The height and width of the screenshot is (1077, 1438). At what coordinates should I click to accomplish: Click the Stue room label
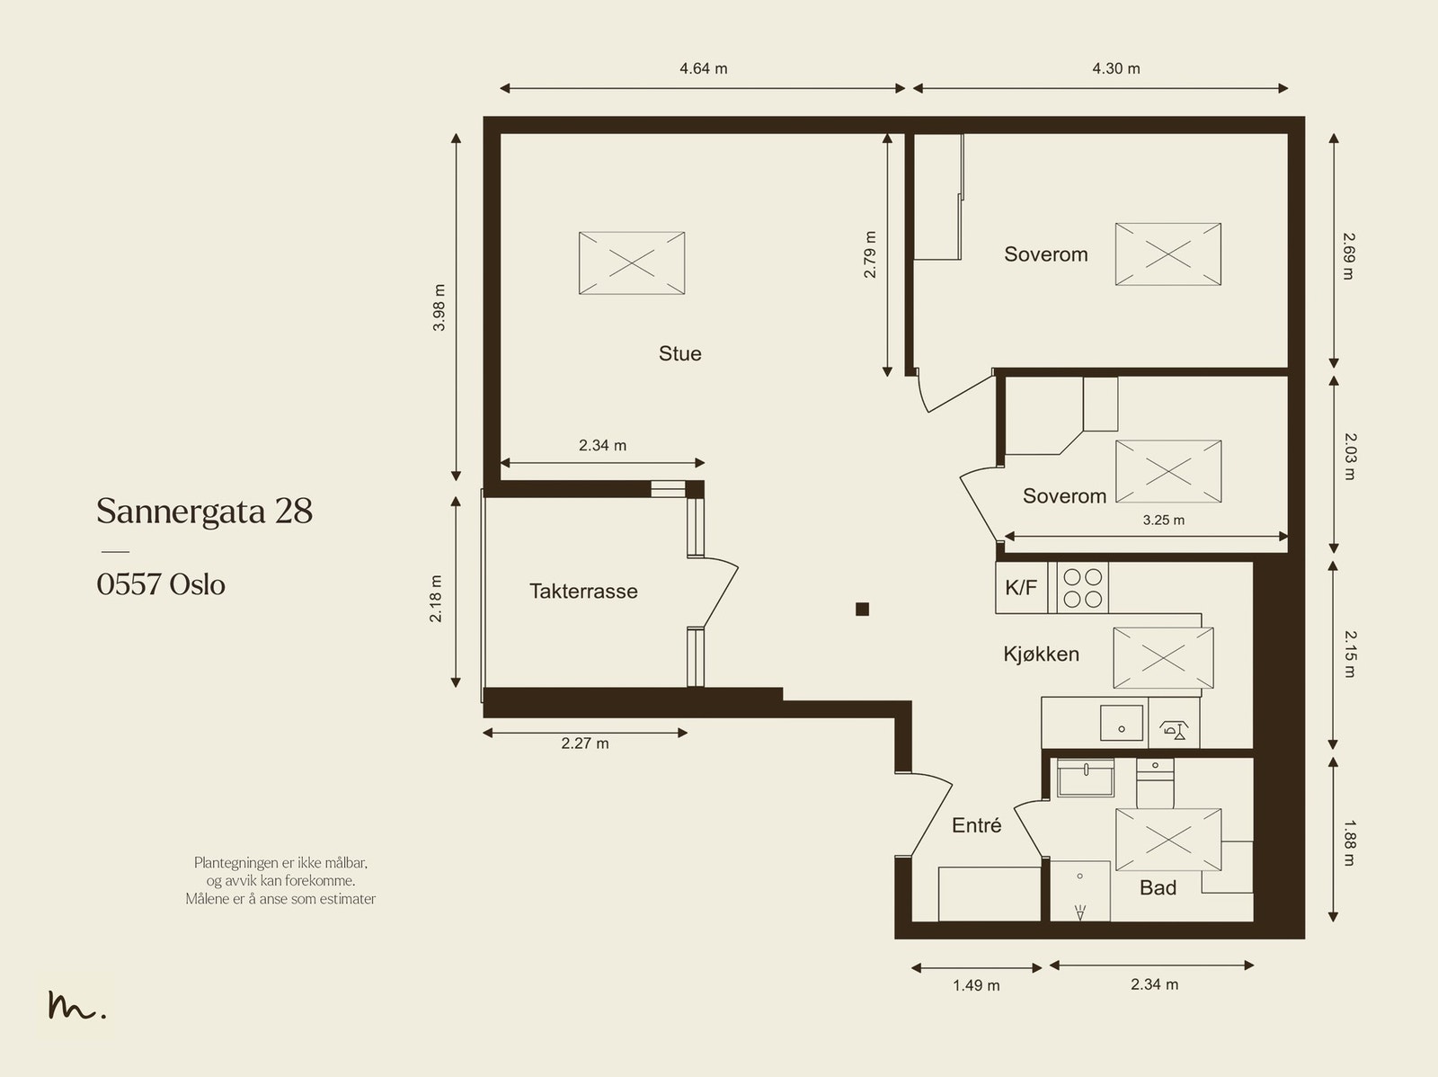tap(680, 354)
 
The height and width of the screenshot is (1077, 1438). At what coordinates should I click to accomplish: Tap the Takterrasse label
tap(583, 592)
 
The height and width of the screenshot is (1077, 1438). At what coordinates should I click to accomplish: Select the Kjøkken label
tap(1041, 654)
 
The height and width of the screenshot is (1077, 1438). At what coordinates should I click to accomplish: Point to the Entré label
tap(976, 825)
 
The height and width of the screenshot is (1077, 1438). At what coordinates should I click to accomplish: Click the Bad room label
tap(1158, 887)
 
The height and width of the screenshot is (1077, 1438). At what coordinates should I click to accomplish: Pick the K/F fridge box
tap(1021, 588)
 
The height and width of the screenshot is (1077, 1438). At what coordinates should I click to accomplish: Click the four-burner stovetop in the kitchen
tap(1081, 588)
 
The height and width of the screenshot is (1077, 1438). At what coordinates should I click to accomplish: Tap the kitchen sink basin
tap(1121, 723)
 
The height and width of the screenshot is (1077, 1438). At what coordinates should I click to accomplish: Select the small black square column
tap(862, 610)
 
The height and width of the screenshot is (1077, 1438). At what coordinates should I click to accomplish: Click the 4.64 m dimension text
tap(703, 69)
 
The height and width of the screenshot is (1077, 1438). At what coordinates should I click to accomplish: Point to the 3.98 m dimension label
tap(439, 307)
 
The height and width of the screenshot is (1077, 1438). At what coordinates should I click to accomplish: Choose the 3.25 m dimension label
tap(1164, 521)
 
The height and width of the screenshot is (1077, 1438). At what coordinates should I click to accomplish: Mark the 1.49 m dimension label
tap(976, 985)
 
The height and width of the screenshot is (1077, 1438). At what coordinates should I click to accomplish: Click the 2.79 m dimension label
tap(869, 254)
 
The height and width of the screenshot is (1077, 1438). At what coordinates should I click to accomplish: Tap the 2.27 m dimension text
tap(584, 743)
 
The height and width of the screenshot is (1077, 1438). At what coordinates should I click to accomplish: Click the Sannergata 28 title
tap(204, 511)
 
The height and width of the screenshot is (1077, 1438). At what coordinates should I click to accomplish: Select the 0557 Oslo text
tap(161, 584)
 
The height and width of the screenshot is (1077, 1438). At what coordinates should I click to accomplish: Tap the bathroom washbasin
tap(1085, 778)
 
